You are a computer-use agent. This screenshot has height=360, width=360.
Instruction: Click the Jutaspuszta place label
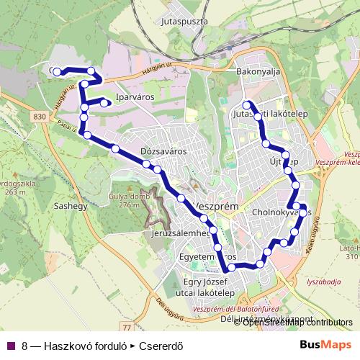click(x=186, y=22)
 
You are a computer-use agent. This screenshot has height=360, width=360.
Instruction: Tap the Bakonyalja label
click(x=258, y=72)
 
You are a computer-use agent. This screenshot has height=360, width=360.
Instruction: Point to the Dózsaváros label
click(x=164, y=152)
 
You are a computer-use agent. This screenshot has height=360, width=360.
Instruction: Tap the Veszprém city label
click(x=216, y=205)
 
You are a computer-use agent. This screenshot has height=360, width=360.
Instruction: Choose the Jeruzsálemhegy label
click(x=181, y=234)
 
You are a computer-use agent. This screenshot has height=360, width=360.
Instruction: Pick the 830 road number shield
click(x=40, y=116)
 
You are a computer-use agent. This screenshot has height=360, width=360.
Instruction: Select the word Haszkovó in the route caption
click(x=66, y=345)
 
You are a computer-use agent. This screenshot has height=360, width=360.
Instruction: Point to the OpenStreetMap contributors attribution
click(x=297, y=323)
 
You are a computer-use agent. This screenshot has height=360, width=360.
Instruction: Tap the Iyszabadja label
click(x=323, y=283)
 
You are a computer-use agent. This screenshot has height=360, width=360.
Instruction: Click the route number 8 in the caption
click(x=25, y=345)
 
